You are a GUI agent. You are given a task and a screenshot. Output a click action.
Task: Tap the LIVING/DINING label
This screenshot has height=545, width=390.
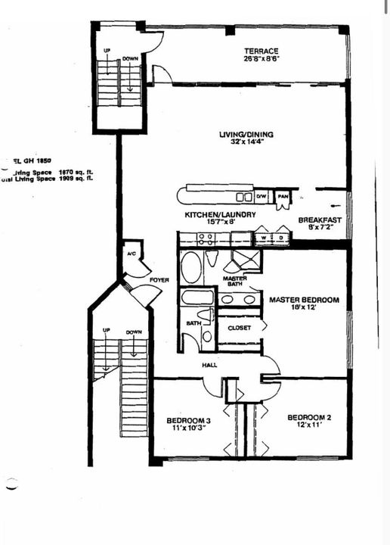coord(246,135)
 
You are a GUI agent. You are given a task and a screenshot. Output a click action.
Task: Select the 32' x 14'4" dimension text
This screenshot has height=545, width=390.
coord(246,144)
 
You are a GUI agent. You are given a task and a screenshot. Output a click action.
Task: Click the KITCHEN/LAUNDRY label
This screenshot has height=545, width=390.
coord(221,215)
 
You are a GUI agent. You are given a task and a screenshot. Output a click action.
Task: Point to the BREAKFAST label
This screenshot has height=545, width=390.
coord(320,220)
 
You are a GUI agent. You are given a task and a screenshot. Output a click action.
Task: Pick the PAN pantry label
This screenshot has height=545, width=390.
coord(283,196)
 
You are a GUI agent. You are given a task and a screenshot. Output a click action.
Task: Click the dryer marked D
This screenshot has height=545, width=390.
coord(279,238)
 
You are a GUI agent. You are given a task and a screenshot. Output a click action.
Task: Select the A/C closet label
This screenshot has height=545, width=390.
coord(131,254)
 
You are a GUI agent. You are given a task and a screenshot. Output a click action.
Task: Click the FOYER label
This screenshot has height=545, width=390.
coord(159,279)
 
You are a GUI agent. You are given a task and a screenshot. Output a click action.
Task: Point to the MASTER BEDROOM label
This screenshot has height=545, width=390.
coord(305,301)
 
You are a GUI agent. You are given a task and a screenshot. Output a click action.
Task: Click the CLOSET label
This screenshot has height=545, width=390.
coord(240,328)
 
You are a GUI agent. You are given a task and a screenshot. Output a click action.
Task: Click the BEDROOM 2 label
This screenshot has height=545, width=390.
coord(308,417)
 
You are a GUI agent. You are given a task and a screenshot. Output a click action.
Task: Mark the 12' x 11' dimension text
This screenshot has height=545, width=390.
coord(308,426)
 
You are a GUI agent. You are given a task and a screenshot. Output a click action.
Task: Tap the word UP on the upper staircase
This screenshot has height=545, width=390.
coord(107,50)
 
